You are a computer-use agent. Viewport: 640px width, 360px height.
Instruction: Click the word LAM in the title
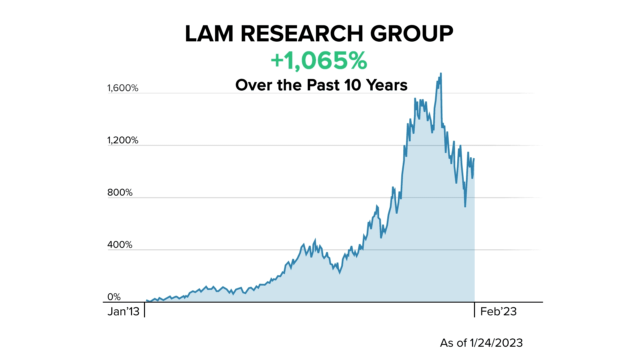point(209,34)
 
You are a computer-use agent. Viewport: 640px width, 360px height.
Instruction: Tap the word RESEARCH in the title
point(302,34)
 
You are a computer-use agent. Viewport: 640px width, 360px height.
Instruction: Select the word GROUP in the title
point(412,34)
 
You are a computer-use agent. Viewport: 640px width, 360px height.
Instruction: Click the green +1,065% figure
point(319,61)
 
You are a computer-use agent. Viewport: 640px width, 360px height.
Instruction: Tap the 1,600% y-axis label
point(123,88)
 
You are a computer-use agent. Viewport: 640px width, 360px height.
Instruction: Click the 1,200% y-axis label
point(123,140)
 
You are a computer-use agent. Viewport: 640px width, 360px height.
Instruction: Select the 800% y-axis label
point(120,193)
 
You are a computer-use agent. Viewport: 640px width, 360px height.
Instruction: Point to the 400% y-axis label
point(120,245)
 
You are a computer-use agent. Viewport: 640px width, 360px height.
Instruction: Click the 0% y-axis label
point(114,297)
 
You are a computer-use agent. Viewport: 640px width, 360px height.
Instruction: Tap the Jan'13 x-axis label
point(123,312)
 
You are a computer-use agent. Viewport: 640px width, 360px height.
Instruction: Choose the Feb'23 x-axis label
point(498,312)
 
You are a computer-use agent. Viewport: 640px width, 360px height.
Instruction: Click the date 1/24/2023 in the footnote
point(496,343)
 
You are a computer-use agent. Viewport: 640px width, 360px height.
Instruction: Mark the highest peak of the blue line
point(441,74)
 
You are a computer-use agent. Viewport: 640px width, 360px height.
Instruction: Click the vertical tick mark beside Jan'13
point(145,310)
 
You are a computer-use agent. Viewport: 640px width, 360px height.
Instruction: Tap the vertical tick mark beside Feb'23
point(474,310)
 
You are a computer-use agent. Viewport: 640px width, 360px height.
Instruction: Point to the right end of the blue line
point(474,159)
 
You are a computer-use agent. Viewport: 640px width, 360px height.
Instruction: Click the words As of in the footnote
point(453,343)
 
